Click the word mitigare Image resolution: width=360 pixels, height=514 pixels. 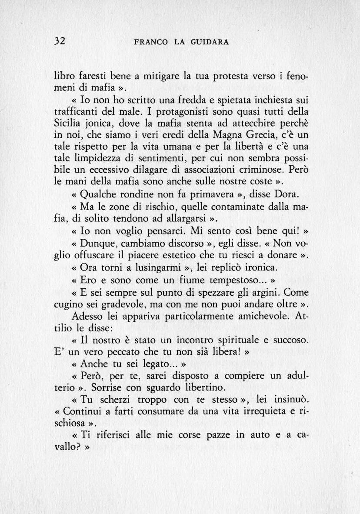[158, 77]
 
